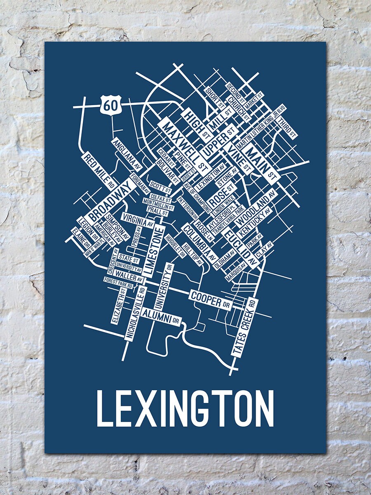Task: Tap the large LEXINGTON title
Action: (x=185, y=408)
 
